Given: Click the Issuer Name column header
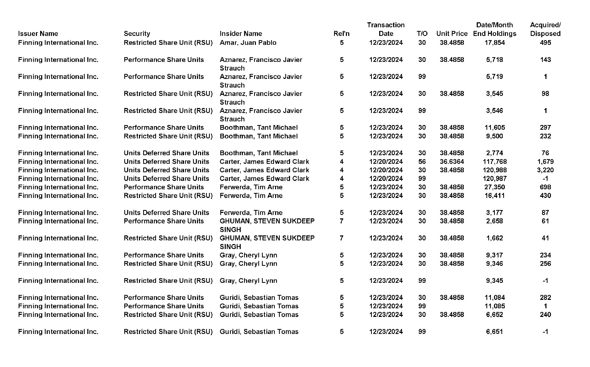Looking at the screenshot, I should (x=38, y=34).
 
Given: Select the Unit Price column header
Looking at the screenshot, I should (x=452, y=34).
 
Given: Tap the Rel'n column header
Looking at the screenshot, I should (x=341, y=34).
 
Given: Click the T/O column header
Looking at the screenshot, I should (x=422, y=34).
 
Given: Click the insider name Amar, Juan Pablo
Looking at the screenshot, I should (x=248, y=42).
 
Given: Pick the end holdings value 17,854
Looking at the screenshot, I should (x=495, y=42).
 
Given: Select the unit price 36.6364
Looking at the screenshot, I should (x=452, y=161).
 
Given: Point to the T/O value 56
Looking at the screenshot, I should (x=422, y=161).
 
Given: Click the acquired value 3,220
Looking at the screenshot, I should (x=545, y=170).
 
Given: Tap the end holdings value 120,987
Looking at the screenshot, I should (x=495, y=179).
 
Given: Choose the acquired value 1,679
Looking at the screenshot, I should (x=545, y=161).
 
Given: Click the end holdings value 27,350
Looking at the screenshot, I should (x=495, y=187).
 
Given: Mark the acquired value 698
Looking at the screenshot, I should (x=545, y=187).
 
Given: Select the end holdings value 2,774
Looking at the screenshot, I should (x=495, y=153).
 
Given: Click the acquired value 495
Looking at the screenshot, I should (x=545, y=42).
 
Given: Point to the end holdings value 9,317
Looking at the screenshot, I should (x=495, y=255).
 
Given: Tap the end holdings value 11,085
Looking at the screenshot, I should (x=495, y=306).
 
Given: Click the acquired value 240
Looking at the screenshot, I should (x=545, y=314).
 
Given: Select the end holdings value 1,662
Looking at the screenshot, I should (x=495, y=238).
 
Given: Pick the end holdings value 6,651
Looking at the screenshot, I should (x=495, y=331).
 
